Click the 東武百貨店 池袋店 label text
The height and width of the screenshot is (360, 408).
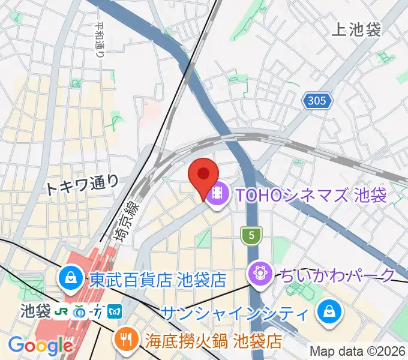(x=157, y=279)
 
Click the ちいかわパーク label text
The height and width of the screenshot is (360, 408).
(x=336, y=275)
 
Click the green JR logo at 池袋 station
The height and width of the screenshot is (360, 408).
(x=61, y=311)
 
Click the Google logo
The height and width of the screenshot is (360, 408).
(x=40, y=346)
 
